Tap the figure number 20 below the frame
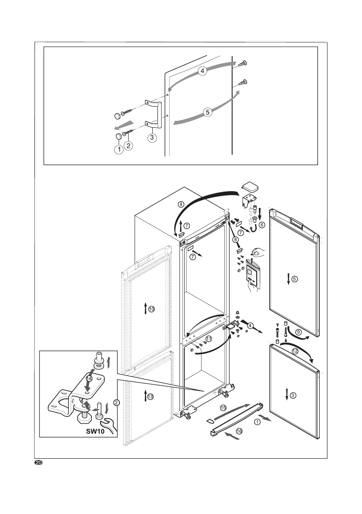coord(38,463)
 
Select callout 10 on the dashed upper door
coord(151,309)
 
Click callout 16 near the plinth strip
coord(239,431)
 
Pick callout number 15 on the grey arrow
coord(223,407)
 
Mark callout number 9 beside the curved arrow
coord(298,332)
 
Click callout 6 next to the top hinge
coord(262,225)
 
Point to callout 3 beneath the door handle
coord(151,138)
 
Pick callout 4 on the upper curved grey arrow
coord(203,71)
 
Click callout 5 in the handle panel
coord(208,112)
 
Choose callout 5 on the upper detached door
coord(294,279)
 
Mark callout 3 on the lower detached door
coord(293,395)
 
